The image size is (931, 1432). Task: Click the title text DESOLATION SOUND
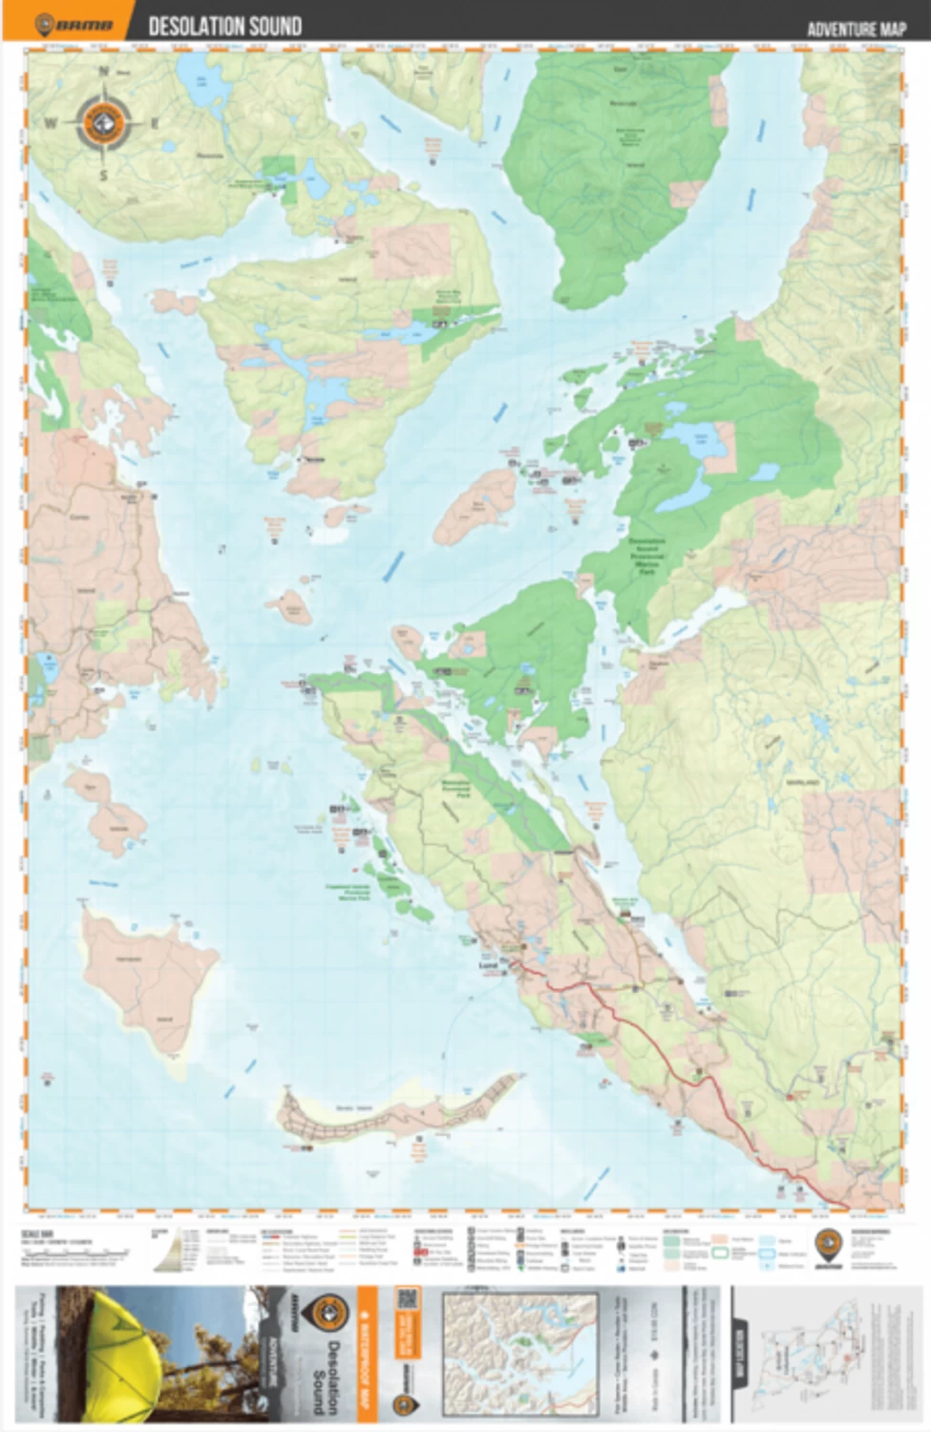coord(225,26)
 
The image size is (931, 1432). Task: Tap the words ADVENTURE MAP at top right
coord(856,29)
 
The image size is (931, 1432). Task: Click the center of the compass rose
coord(104,122)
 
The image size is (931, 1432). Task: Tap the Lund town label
coord(489,964)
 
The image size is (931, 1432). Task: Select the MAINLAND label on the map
coord(802,782)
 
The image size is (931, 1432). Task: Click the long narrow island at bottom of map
coord(401,1112)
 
